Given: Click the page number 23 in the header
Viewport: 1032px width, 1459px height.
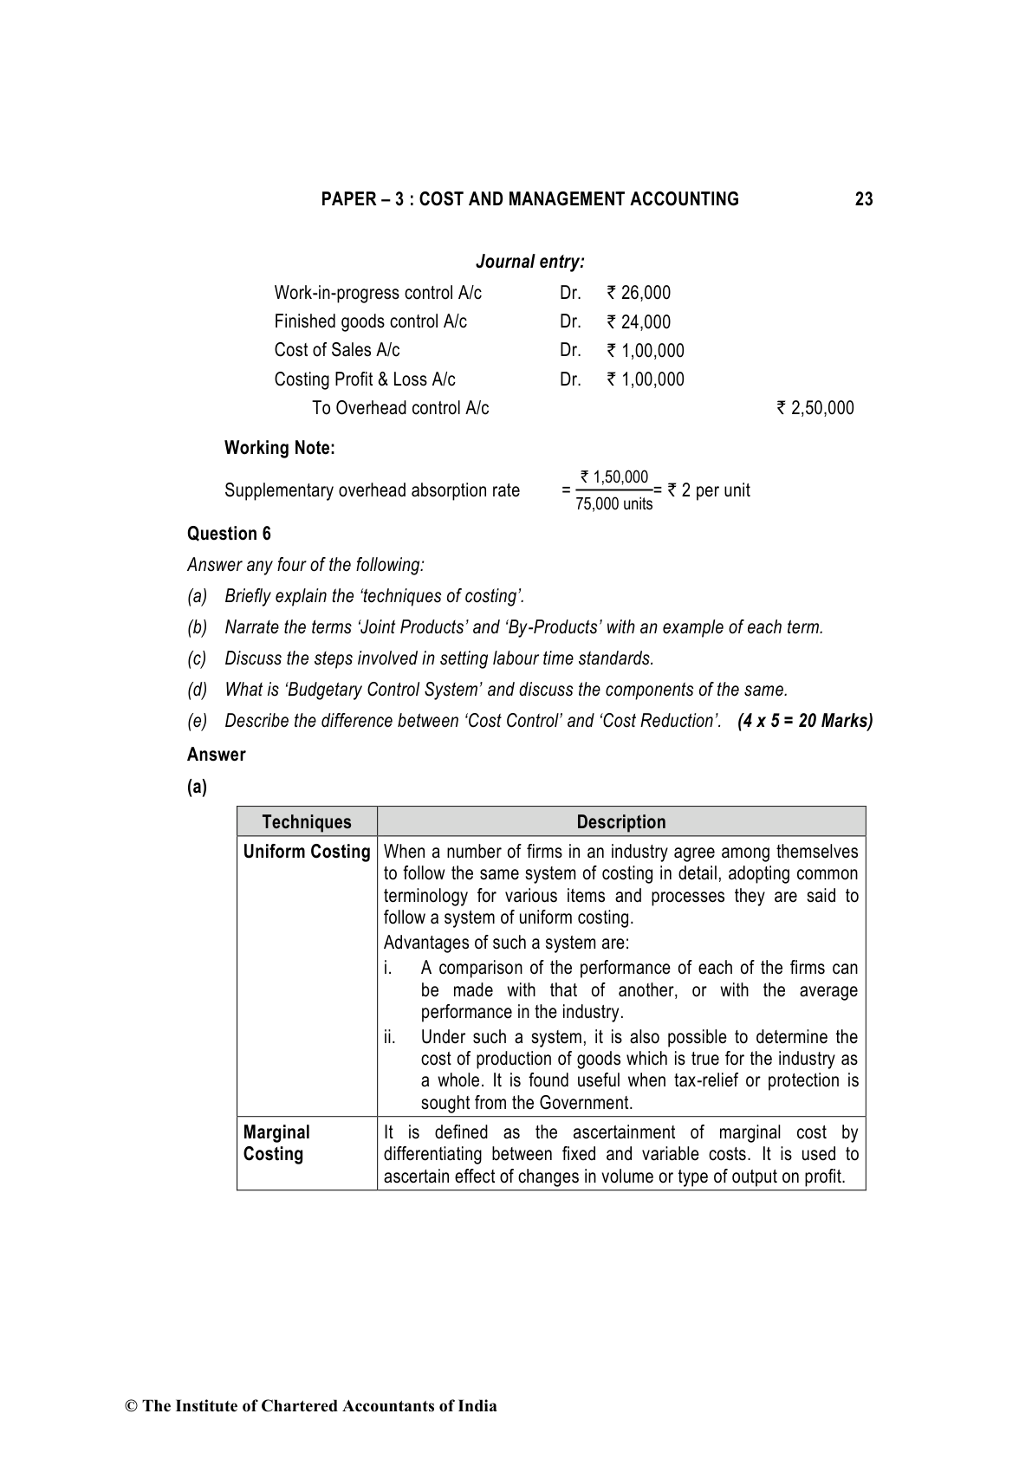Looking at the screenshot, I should pos(863,199).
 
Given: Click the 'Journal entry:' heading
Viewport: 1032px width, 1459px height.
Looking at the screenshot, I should pos(529,262).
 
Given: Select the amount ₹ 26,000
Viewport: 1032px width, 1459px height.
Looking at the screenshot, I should pos(639,293).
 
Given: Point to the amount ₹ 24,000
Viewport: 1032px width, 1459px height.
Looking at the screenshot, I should pos(639,322).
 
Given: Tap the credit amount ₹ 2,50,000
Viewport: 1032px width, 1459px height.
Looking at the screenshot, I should pos(815,408).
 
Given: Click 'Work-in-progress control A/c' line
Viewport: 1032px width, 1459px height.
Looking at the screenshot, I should pos(378,293).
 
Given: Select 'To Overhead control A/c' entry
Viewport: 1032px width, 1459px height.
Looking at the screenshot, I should pos(400,408).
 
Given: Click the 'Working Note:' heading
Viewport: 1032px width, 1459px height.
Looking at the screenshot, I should pos(279,448).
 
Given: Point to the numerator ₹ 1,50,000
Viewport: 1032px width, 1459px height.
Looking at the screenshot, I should pos(614,477).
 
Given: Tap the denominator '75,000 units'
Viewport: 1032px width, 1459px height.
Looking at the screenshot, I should pos(614,504).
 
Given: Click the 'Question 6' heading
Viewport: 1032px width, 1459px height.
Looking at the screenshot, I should pos(229,534).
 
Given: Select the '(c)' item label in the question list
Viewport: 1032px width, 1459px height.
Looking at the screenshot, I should pos(197,658).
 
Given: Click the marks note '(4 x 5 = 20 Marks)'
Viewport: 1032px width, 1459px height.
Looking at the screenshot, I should pos(805,721).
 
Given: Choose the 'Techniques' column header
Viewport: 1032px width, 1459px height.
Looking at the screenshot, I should pos(307,822).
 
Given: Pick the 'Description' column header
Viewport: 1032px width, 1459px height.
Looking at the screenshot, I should pos(621,822).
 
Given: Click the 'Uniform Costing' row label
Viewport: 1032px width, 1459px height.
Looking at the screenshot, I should pos(307,852).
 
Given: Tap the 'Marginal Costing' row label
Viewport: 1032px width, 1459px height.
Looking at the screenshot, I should pos(276,1143).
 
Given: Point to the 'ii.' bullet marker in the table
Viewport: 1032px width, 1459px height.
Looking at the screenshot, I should pos(390,1037).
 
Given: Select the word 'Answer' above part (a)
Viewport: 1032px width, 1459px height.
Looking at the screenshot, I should pos(217,755).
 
